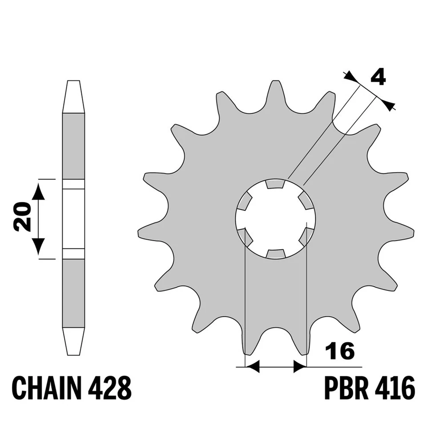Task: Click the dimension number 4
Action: (x=378, y=77)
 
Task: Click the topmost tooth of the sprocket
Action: (x=276, y=91)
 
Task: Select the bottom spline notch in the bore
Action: (x=275, y=254)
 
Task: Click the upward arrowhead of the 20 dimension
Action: (x=39, y=191)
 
